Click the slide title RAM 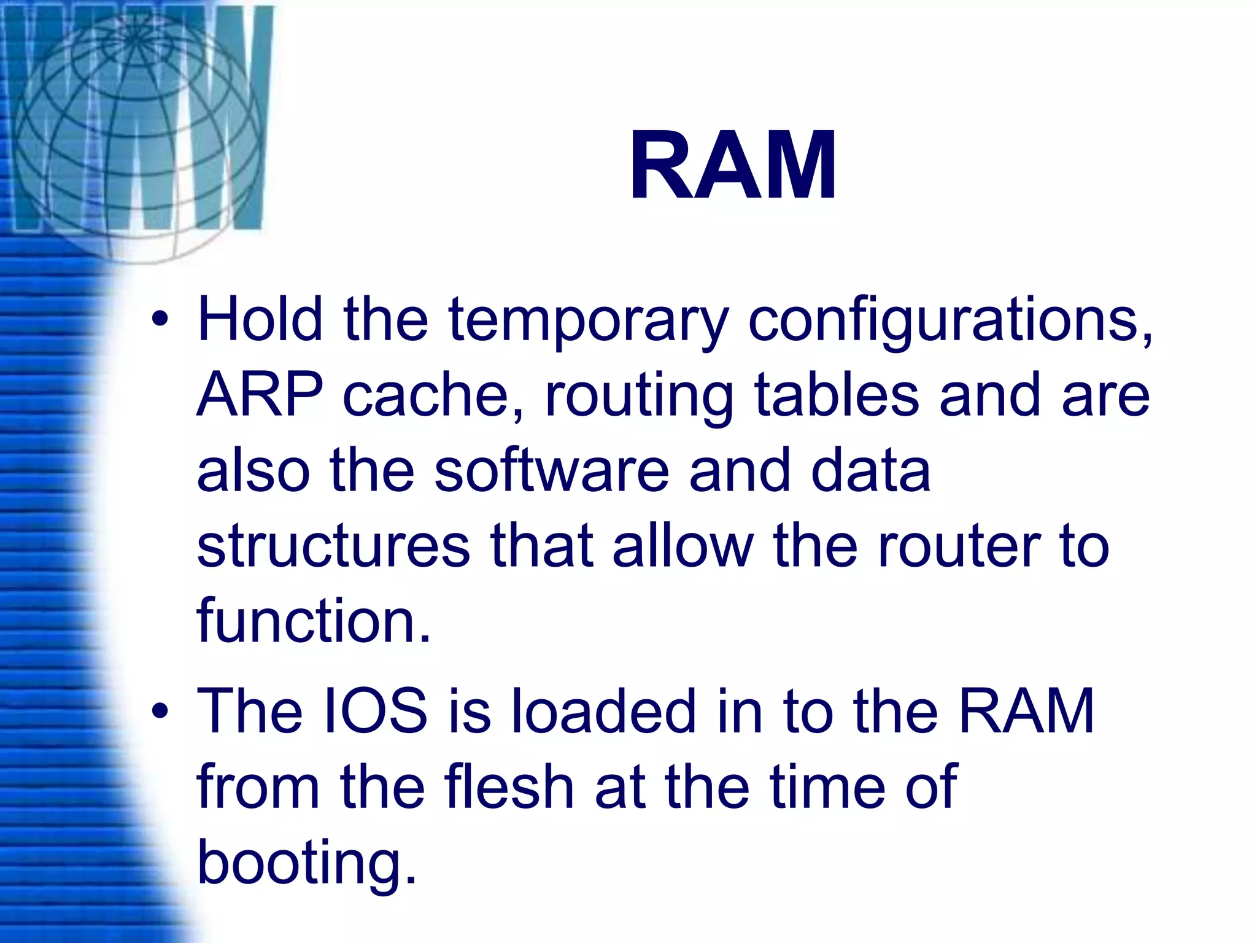(733, 166)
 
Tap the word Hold (260, 319)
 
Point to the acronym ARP (260, 396)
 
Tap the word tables (836, 396)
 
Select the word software (551, 471)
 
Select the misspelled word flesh (509, 787)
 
